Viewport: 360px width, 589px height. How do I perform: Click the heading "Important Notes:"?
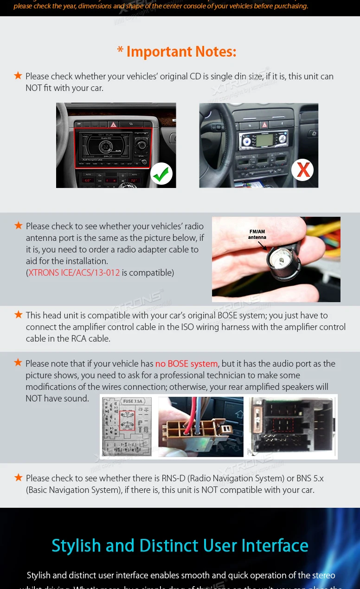[x=181, y=52]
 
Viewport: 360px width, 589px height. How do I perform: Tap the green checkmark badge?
[x=161, y=174]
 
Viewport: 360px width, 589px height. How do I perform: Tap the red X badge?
[x=302, y=170]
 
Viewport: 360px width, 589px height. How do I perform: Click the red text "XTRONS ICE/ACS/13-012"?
[x=74, y=273]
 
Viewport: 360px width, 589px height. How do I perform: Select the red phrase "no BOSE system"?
[x=186, y=364]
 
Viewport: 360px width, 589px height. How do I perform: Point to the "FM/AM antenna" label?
[x=257, y=234]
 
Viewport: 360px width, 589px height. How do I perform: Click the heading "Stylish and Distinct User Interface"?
[x=180, y=546]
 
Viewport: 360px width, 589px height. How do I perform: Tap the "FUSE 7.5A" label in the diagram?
[x=132, y=401]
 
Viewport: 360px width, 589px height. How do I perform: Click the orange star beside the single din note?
[x=18, y=75]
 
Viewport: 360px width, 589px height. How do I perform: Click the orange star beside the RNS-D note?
[x=19, y=477]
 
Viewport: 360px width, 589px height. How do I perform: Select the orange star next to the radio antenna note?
[x=19, y=226]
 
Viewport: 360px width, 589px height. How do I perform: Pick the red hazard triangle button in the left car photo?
[x=113, y=124]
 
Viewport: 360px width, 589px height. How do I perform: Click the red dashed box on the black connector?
[x=283, y=426]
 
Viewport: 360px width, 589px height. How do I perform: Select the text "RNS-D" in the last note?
[x=174, y=479]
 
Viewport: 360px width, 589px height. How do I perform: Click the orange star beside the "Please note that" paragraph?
[x=18, y=362]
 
